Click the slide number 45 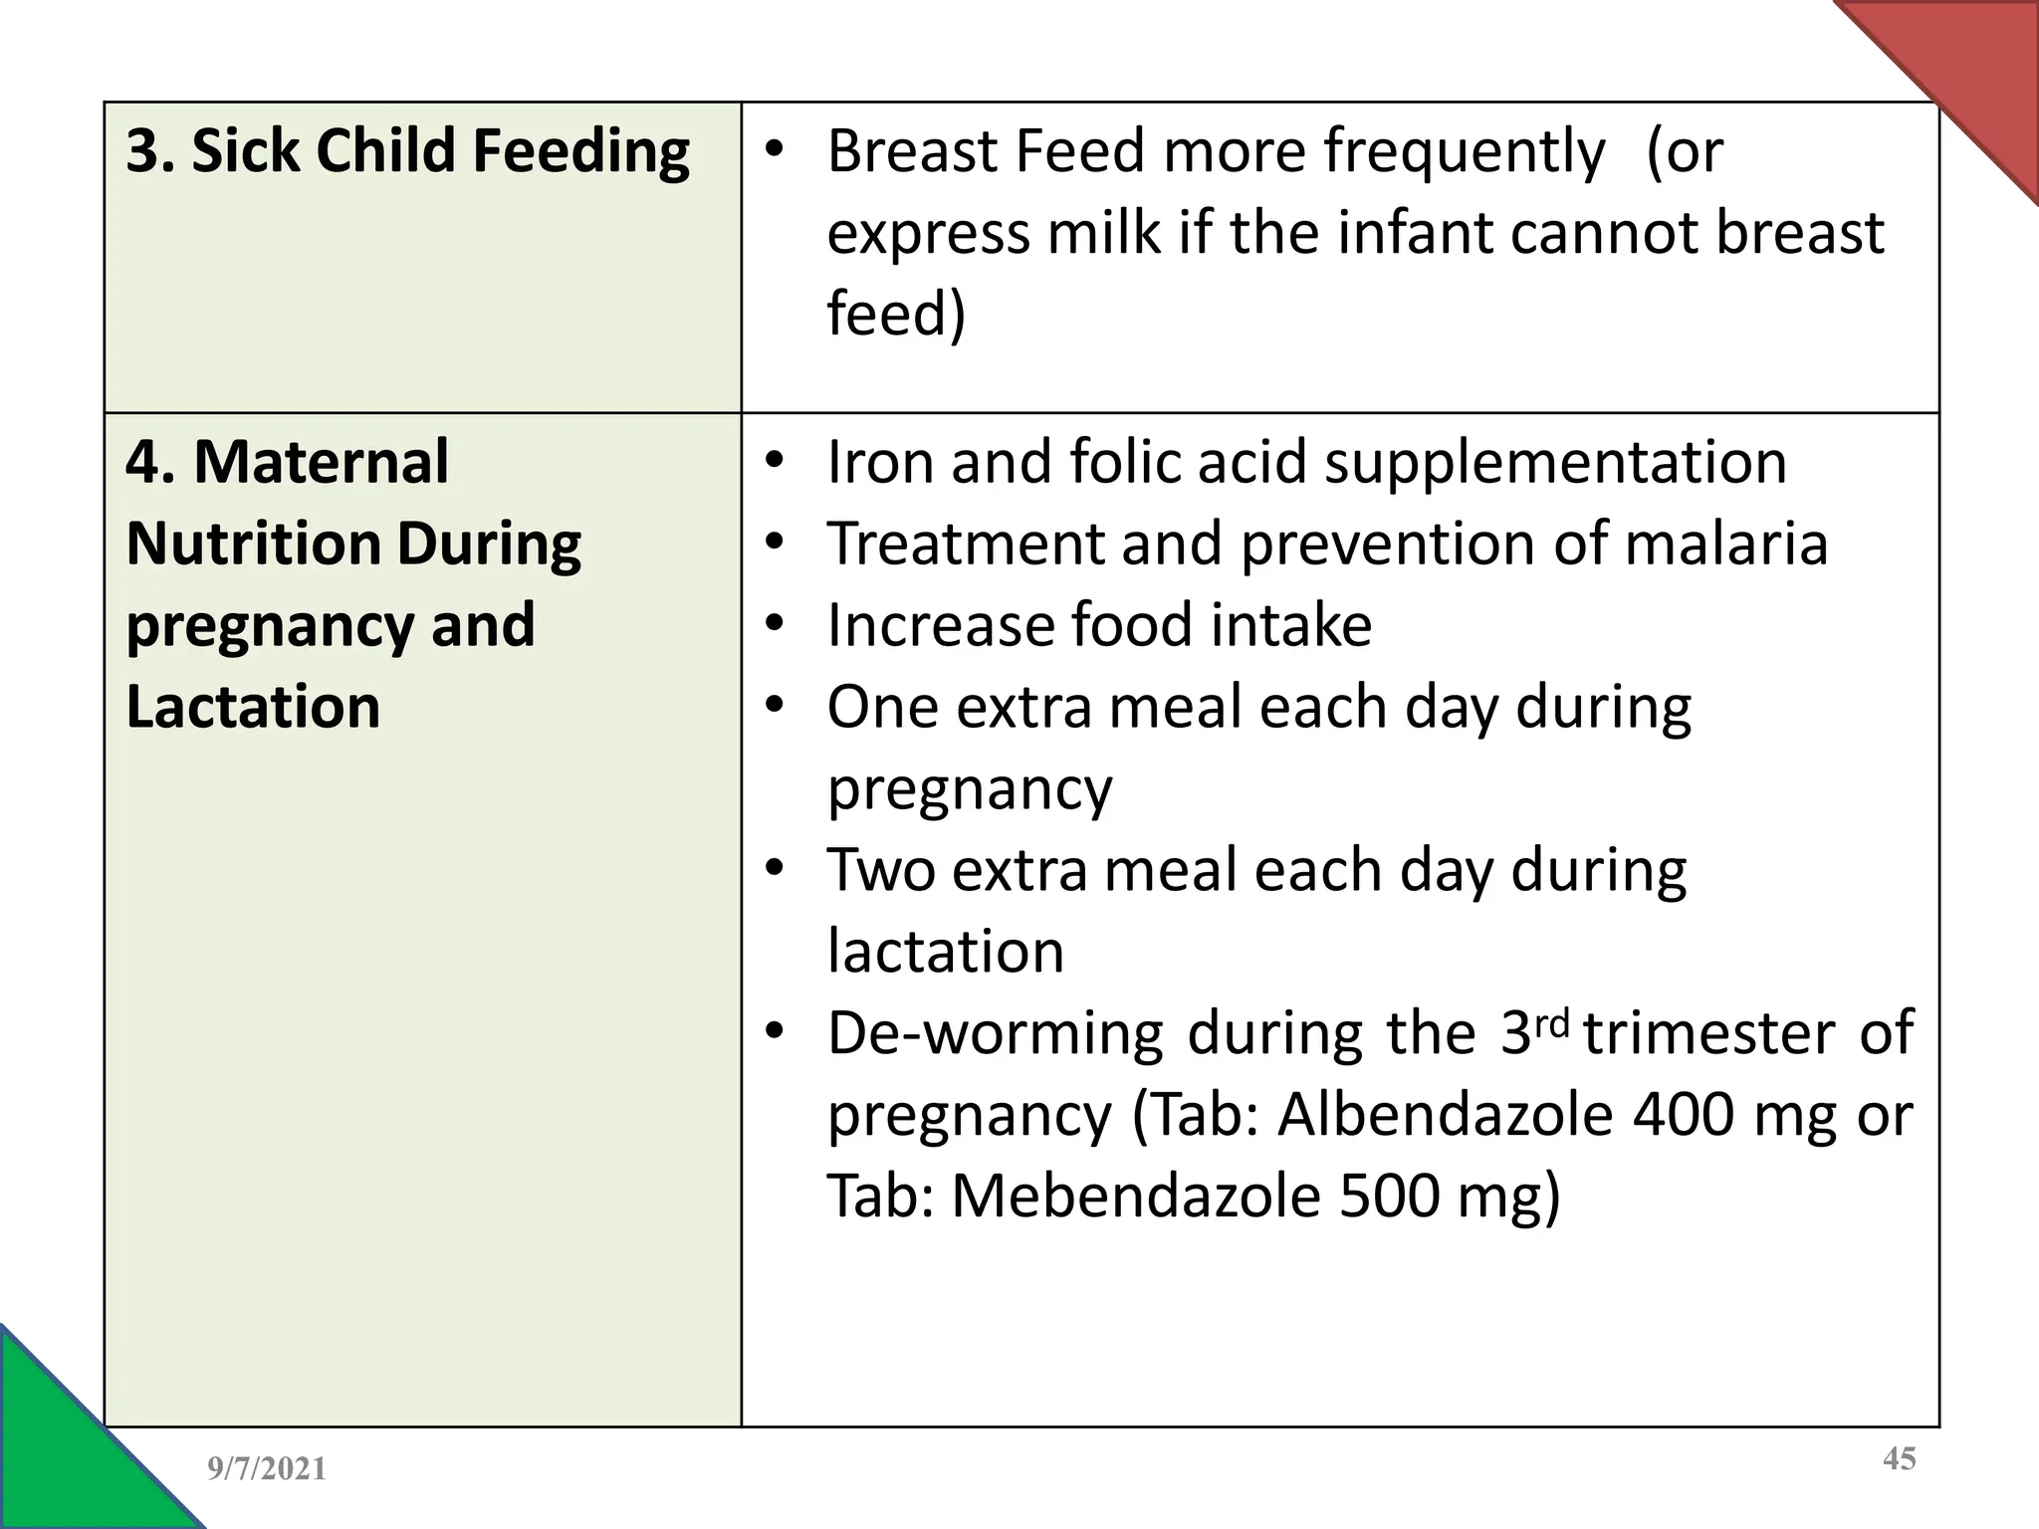coord(1900,1459)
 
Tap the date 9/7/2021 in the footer coord(267,1469)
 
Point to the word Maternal coord(321,463)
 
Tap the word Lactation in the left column coord(254,707)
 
